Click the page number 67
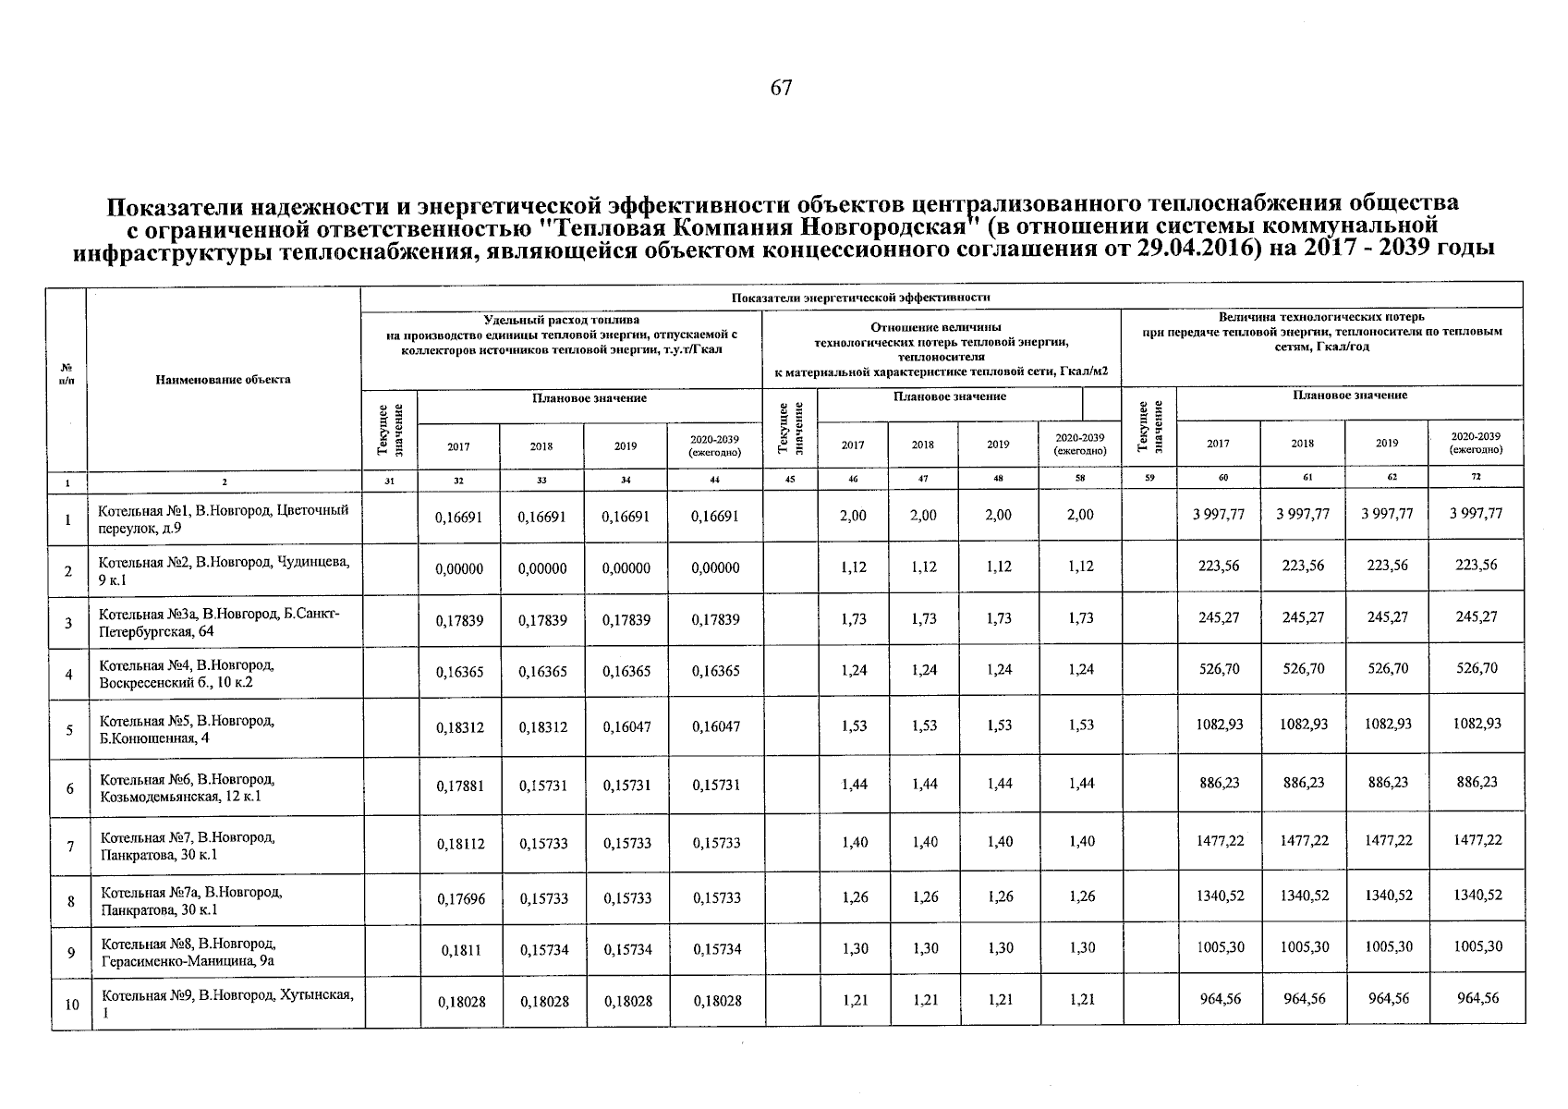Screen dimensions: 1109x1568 point(781,88)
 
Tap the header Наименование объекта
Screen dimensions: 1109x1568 point(223,379)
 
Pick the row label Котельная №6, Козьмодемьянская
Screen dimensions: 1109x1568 point(187,787)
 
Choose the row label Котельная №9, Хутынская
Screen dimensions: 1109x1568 point(227,1003)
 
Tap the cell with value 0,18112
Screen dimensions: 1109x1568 point(460,843)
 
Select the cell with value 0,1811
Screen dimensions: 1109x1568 point(460,948)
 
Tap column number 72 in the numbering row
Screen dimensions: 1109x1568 point(1476,478)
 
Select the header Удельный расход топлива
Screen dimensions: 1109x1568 point(561,320)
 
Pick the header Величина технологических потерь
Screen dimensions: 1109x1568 point(1321,317)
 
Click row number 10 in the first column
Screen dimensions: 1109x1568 point(71,1004)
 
